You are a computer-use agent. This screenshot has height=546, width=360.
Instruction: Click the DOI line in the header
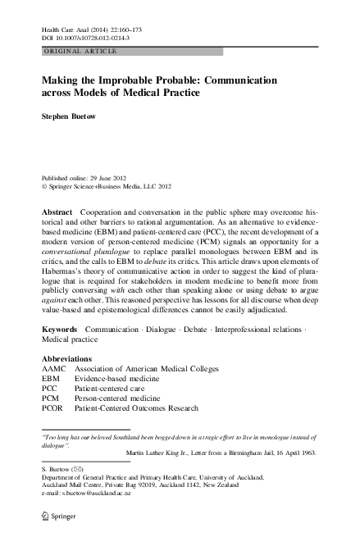pyautogui.click(x=87, y=38)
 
